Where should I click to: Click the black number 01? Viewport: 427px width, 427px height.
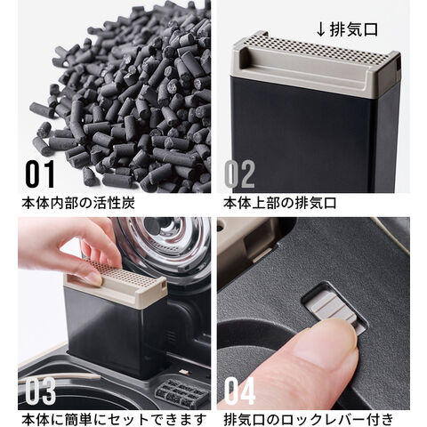pos(40,174)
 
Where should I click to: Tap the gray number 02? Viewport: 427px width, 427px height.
pos(239,174)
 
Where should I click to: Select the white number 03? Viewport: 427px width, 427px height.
pos(41,391)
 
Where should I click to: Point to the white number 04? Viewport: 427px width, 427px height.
pos(239,391)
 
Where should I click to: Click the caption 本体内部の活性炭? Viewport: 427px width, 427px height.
pos(78,203)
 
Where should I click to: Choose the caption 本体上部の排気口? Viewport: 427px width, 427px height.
pos(280,203)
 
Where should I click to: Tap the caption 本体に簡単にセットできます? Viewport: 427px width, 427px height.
pos(114,419)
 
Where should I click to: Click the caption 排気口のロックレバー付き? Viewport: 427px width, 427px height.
pos(309,419)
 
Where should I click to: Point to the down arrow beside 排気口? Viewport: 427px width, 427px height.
pos(321,29)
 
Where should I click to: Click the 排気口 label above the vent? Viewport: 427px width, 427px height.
pos(354,29)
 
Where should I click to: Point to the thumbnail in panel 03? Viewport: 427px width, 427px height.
pos(94,278)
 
